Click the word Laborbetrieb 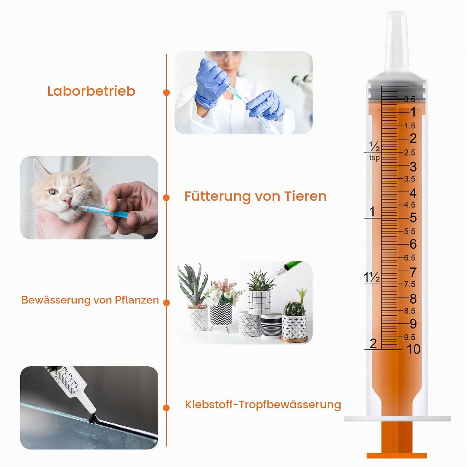point(91,91)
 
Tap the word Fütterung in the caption point(217,196)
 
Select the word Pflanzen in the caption point(137,300)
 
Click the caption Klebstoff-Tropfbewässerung point(263,405)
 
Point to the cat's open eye point(54,192)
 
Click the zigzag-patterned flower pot point(221,314)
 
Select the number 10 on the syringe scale point(413,349)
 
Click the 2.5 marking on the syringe point(410,152)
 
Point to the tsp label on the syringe point(374,158)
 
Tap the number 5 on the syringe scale point(413,217)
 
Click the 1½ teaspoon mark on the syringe point(372,277)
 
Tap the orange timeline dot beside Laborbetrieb point(166,93)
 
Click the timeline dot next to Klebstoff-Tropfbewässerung point(166,408)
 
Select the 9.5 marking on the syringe point(410,337)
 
